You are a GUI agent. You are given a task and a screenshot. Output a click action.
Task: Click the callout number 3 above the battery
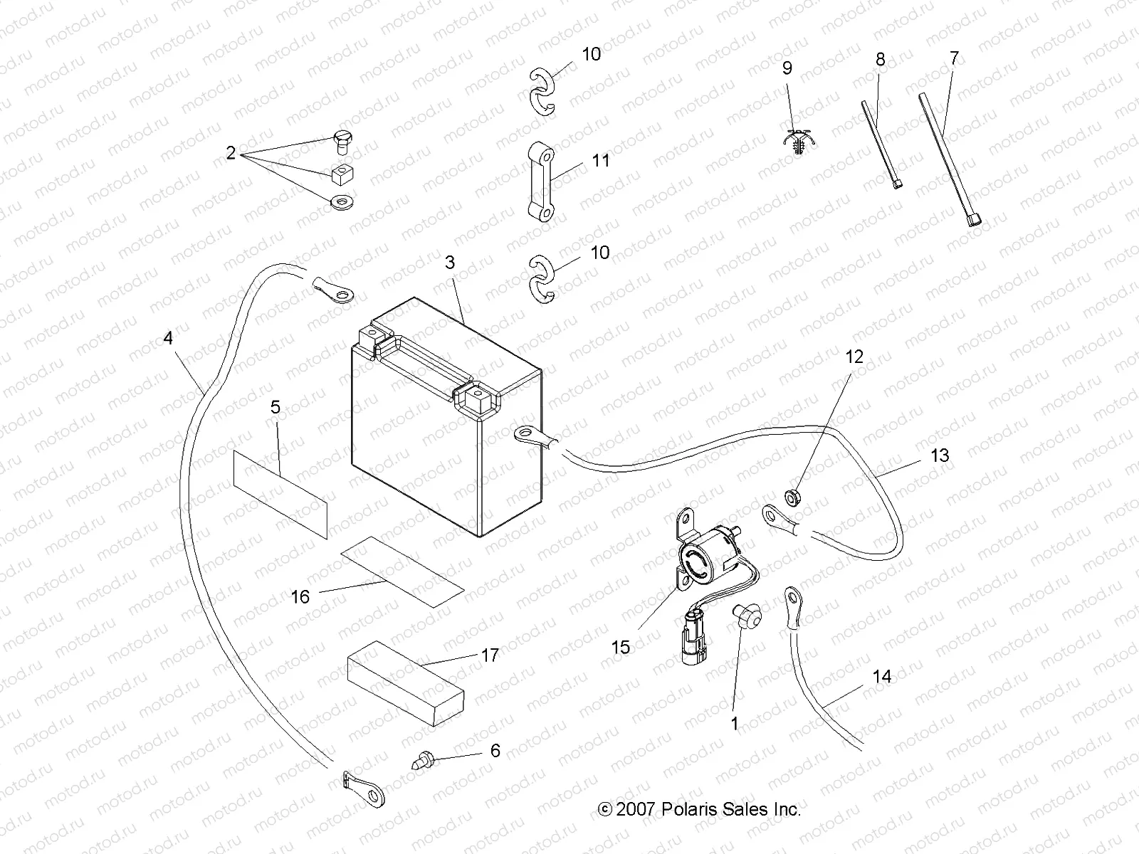(449, 263)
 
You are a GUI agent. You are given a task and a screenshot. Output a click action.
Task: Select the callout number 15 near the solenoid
(621, 647)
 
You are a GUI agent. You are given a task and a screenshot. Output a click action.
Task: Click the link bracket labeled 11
(546, 182)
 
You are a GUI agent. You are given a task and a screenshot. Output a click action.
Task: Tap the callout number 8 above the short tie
(881, 60)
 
